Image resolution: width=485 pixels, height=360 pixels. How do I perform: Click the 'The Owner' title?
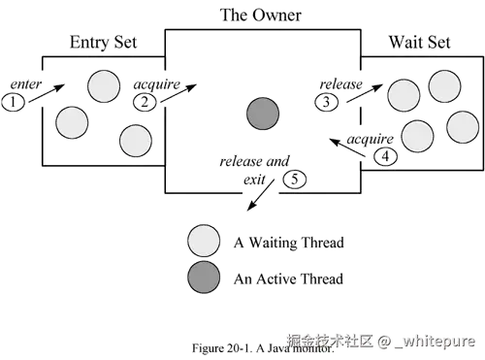[x=261, y=16]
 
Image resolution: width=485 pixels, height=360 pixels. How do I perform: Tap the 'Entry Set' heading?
[x=105, y=43]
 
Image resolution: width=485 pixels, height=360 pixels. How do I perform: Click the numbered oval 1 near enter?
[x=14, y=101]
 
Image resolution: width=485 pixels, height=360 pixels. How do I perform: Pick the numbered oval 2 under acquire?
[x=144, y=100]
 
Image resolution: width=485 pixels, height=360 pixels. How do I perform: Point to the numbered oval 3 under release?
[x=329, y=101]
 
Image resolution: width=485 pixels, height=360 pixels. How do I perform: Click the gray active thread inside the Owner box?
[x=262, y=114]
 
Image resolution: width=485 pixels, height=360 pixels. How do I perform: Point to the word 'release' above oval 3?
[x=341, y=84]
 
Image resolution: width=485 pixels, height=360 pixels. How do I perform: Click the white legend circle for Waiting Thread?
[x=204, y=241]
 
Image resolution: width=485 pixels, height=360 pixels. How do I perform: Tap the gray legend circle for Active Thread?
[x=204, y=278]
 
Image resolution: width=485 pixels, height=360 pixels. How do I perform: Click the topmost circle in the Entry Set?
[x=104, y=86]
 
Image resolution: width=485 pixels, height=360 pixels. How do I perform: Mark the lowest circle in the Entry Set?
[x=136, y=141]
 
